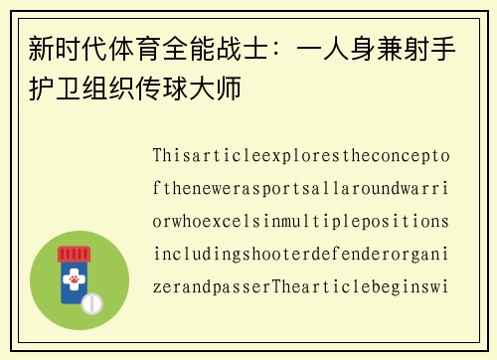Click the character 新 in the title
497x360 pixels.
[x=42, y=48]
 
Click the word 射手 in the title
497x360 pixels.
[x=439, y=48]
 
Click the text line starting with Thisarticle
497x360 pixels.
[x=301, y=156]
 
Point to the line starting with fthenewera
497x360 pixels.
[x=301, y=189]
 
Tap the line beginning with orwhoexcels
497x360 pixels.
[x=301, y=221]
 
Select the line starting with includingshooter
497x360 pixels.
[x=301, y=254]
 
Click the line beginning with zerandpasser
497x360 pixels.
[x=301, y=286]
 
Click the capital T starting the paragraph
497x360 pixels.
[x=158, y=156]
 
